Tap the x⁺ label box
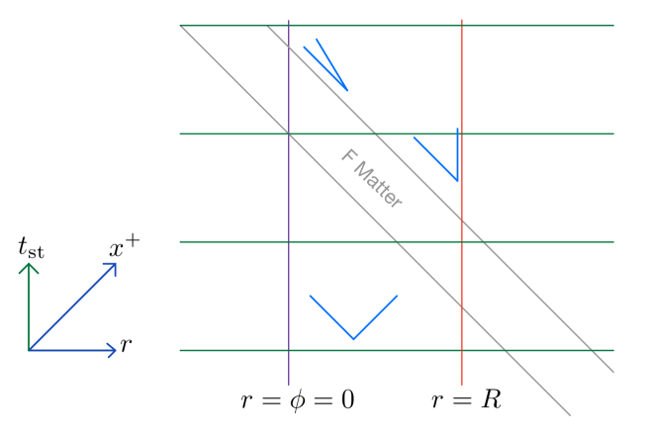124,247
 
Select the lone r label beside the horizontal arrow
126,345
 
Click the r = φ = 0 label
298,399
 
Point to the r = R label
466,399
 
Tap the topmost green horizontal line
396,26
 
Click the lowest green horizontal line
396,350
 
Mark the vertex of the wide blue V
354,339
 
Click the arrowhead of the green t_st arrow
30,265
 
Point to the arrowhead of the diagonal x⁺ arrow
114,266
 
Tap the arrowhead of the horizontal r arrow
113,350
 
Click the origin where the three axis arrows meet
30,350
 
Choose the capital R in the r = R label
491,399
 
